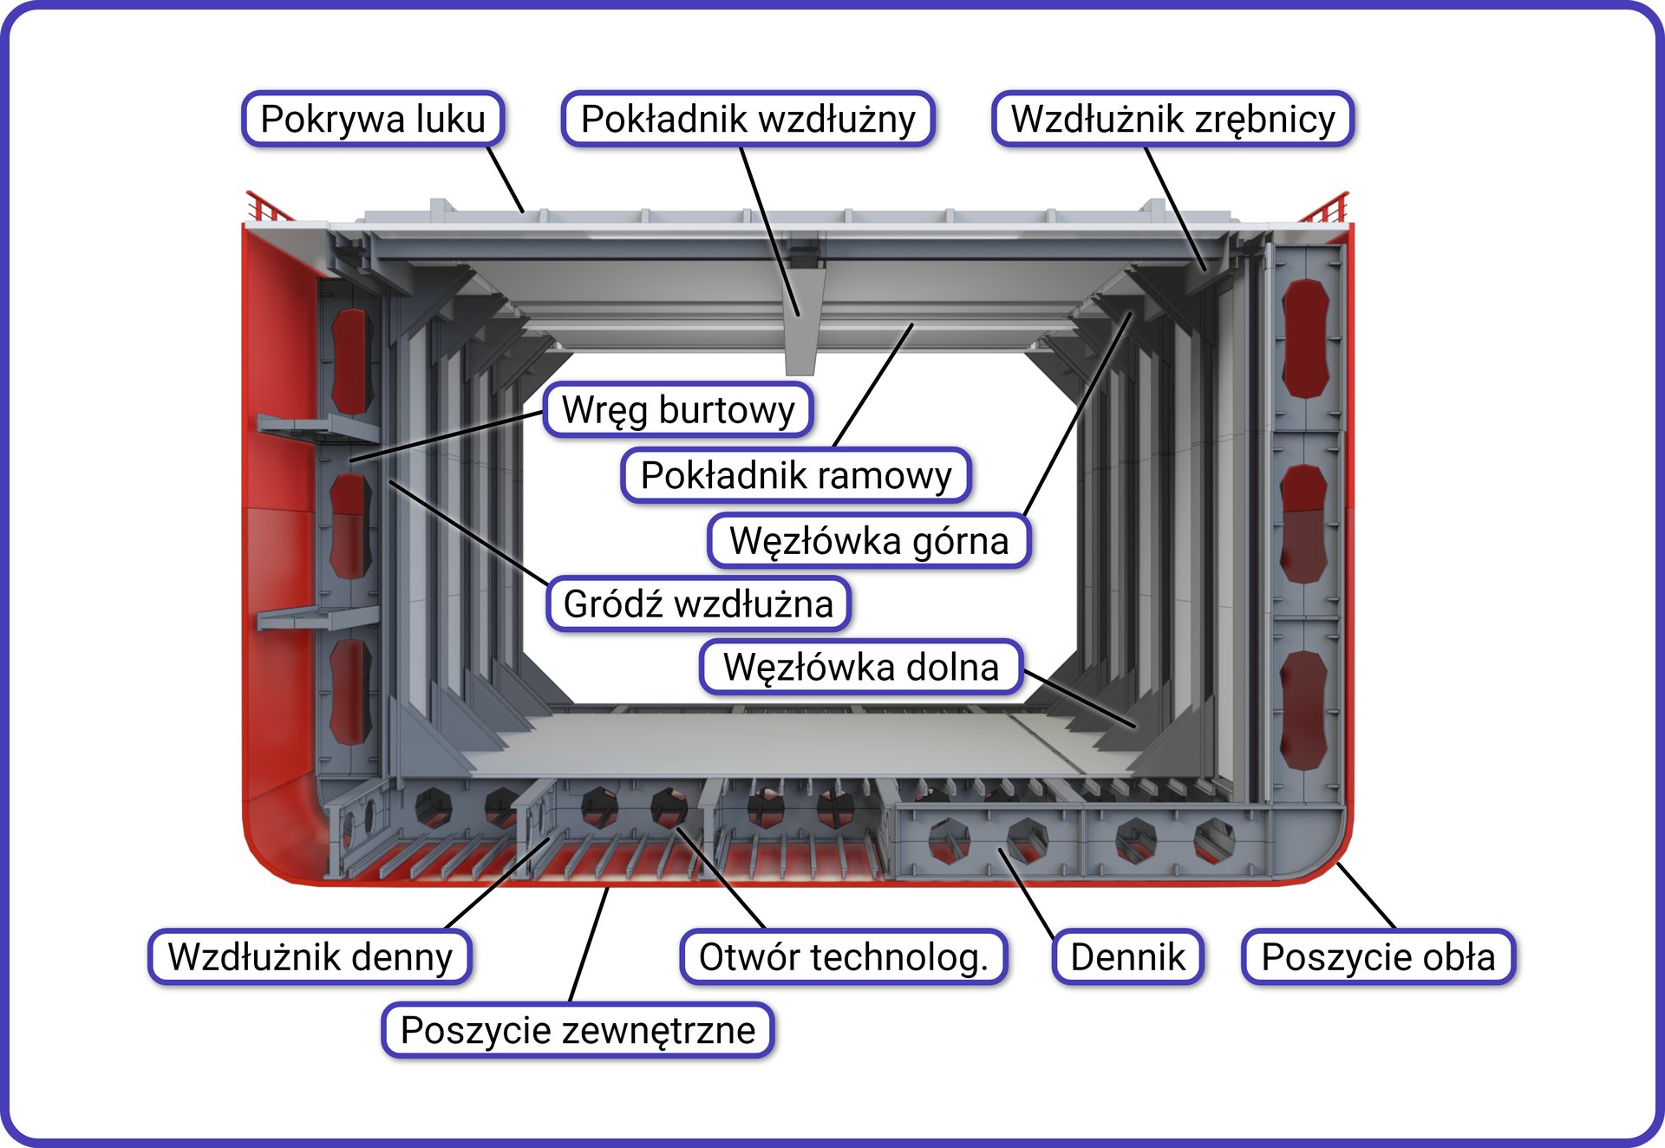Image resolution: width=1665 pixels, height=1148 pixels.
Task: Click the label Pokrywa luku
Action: (x=373, y=119)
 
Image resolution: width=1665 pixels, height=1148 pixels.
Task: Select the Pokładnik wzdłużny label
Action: (x=748, y=119)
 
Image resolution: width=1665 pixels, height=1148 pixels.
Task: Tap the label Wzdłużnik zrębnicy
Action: (x=1172, y=119)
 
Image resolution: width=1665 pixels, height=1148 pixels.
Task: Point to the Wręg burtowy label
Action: (x=678, y=409)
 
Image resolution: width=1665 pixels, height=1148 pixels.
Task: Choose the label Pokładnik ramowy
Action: (x=795, y=475)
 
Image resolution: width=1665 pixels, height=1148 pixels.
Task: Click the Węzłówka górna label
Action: (x=869, y=540)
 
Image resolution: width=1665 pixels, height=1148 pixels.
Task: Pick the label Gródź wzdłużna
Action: (x=698, y=603)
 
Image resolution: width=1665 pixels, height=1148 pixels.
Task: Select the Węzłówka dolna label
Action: (x=861, y=667)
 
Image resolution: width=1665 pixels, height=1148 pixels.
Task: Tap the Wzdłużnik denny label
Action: (x=310, y=956)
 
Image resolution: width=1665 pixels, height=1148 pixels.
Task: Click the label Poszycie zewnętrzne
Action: (x=578, y=1030)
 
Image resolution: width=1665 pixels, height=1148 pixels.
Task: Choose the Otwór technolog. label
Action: (x=843, y=956)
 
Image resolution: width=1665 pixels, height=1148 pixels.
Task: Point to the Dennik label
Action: (x=1127, y=956)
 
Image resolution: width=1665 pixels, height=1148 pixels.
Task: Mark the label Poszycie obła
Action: (x=1378, y=956)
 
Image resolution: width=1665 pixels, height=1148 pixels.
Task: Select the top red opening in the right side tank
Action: (x=1305, y=338)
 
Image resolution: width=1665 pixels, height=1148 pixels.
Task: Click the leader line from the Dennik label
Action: (x=1027, y=893)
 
